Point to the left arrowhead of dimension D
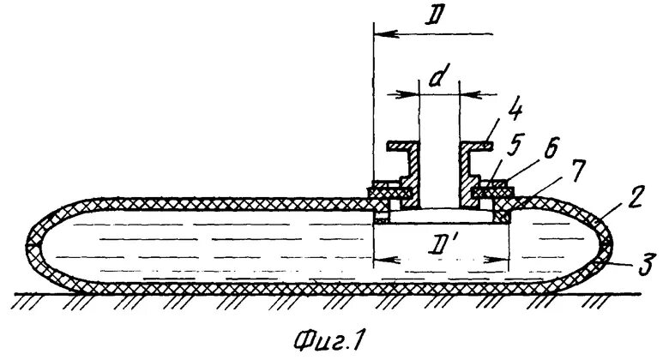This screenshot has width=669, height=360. (383, 34)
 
